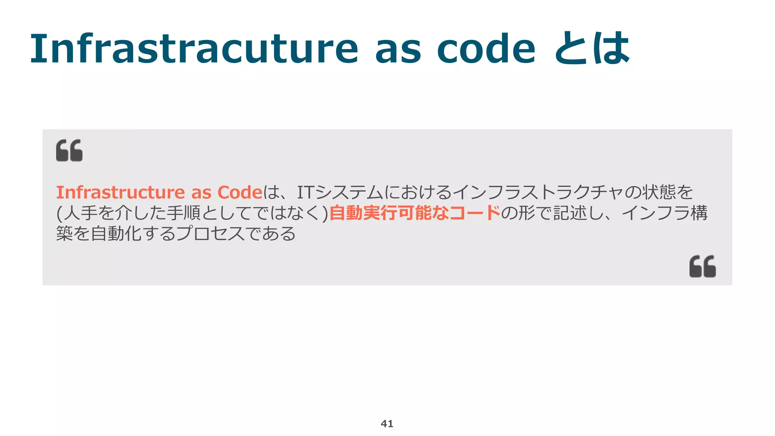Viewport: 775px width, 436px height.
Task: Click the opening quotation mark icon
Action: [69, 150]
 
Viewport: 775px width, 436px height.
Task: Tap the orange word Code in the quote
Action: [240, 192]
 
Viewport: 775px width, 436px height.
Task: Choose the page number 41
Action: [387, 424]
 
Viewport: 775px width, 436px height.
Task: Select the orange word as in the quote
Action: [201, 193]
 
